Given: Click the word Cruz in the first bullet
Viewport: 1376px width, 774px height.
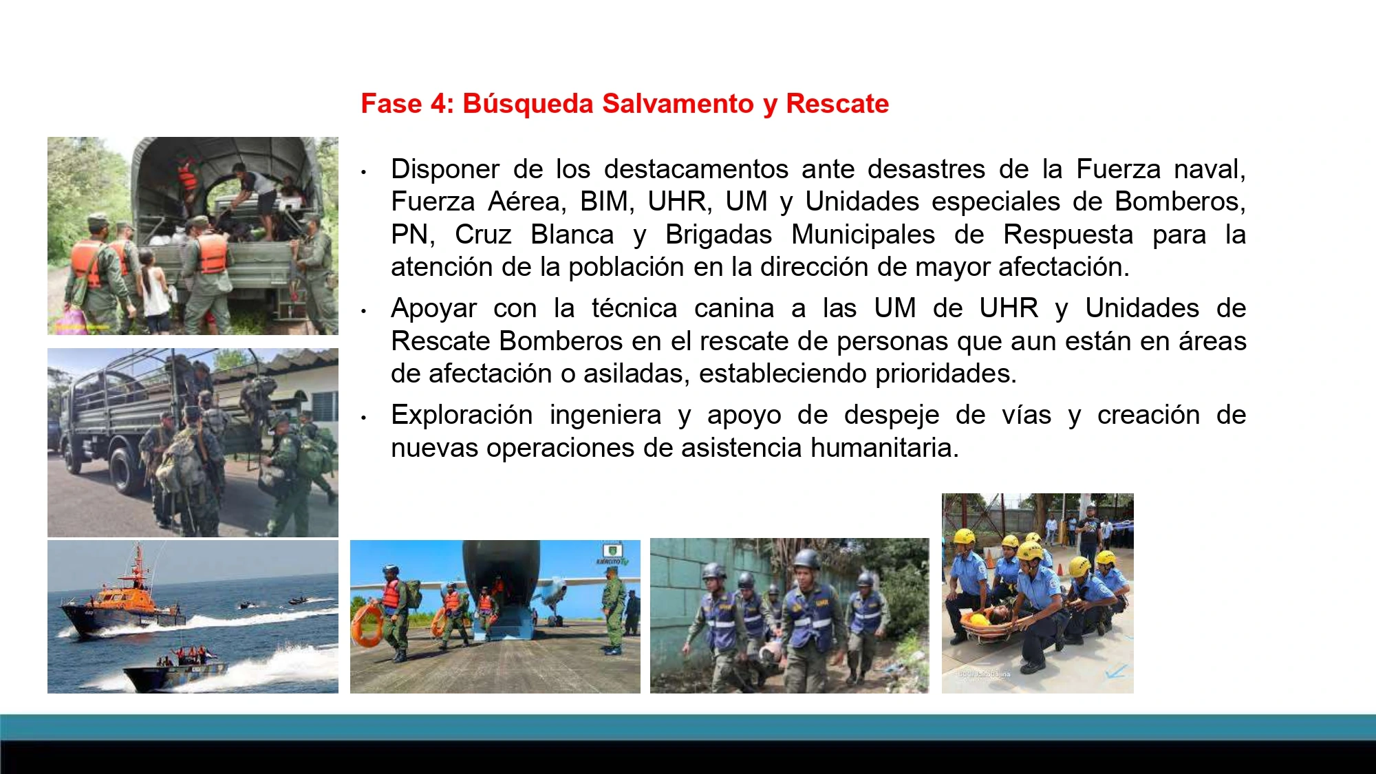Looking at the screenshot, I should click(483, 235).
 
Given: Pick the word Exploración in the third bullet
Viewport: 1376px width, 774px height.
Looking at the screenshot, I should click(462, 415).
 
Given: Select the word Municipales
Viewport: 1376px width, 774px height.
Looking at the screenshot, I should click(863, 235).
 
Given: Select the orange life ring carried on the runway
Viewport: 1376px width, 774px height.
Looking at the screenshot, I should click(367, 625).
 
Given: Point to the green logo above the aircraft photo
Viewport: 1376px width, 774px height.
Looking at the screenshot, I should click(612, 552).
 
